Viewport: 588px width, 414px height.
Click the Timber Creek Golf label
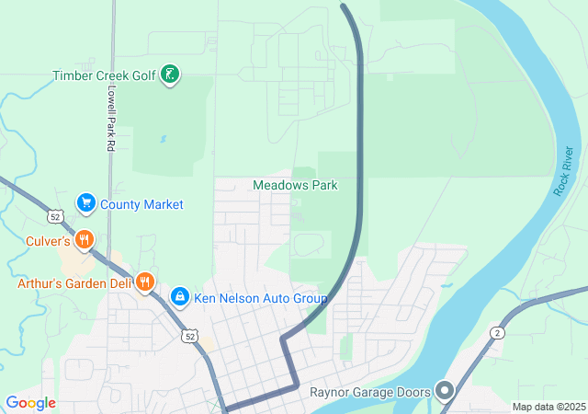tap(103, 75)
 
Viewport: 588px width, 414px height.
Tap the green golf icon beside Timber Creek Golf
tap(169, 75)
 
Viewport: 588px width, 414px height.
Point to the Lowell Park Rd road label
tap(109, 118)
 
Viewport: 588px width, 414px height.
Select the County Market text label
tap(141, 204)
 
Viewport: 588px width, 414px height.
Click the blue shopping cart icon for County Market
tap(85, 202)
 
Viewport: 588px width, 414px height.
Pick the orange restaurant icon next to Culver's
tap(85, 241)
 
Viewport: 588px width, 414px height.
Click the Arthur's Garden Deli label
tap(74, 283)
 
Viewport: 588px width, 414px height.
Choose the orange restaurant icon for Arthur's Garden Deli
tap(144, 282)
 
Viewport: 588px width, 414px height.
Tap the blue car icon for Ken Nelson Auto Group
tap(180, 296)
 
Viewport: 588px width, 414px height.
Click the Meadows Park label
tap(295, 185)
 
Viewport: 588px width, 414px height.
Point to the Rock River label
tap(564, 170)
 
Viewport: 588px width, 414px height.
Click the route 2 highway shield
tap(496, 332)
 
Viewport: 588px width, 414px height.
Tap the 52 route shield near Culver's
tap(56, 217)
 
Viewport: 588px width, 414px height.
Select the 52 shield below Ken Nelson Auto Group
tap(188, 336)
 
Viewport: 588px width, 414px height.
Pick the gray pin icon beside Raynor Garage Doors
tap(446, 392)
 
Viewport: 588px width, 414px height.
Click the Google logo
tap(30, 403)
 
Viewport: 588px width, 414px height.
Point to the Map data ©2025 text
tap(548, 407)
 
